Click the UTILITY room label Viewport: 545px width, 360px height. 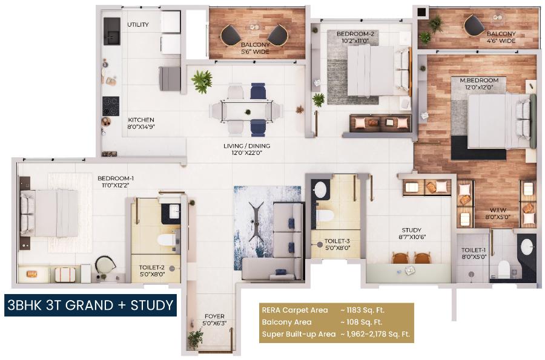[138, 25]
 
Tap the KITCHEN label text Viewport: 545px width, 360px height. [141, 120]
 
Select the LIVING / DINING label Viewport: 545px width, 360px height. [247, 146]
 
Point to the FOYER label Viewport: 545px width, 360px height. [214, 316]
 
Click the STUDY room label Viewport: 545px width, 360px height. [412, 230]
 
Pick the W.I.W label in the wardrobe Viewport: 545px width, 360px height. [498, 211]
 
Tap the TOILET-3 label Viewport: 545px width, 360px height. [337, 241]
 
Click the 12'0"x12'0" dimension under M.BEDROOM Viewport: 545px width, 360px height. [480, 87]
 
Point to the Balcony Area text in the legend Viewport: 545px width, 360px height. [287, 322]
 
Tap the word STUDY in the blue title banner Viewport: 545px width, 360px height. [152, 306]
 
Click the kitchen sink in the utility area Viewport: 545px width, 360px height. [112, 31]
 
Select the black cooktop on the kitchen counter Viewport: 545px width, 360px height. [111, 106]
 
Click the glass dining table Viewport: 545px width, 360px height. [247, 111]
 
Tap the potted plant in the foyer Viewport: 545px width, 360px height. [196, 339]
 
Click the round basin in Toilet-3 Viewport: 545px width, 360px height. [320, 190]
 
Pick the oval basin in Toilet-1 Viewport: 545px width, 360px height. [527, 246]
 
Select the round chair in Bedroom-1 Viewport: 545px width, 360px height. [105, 265]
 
